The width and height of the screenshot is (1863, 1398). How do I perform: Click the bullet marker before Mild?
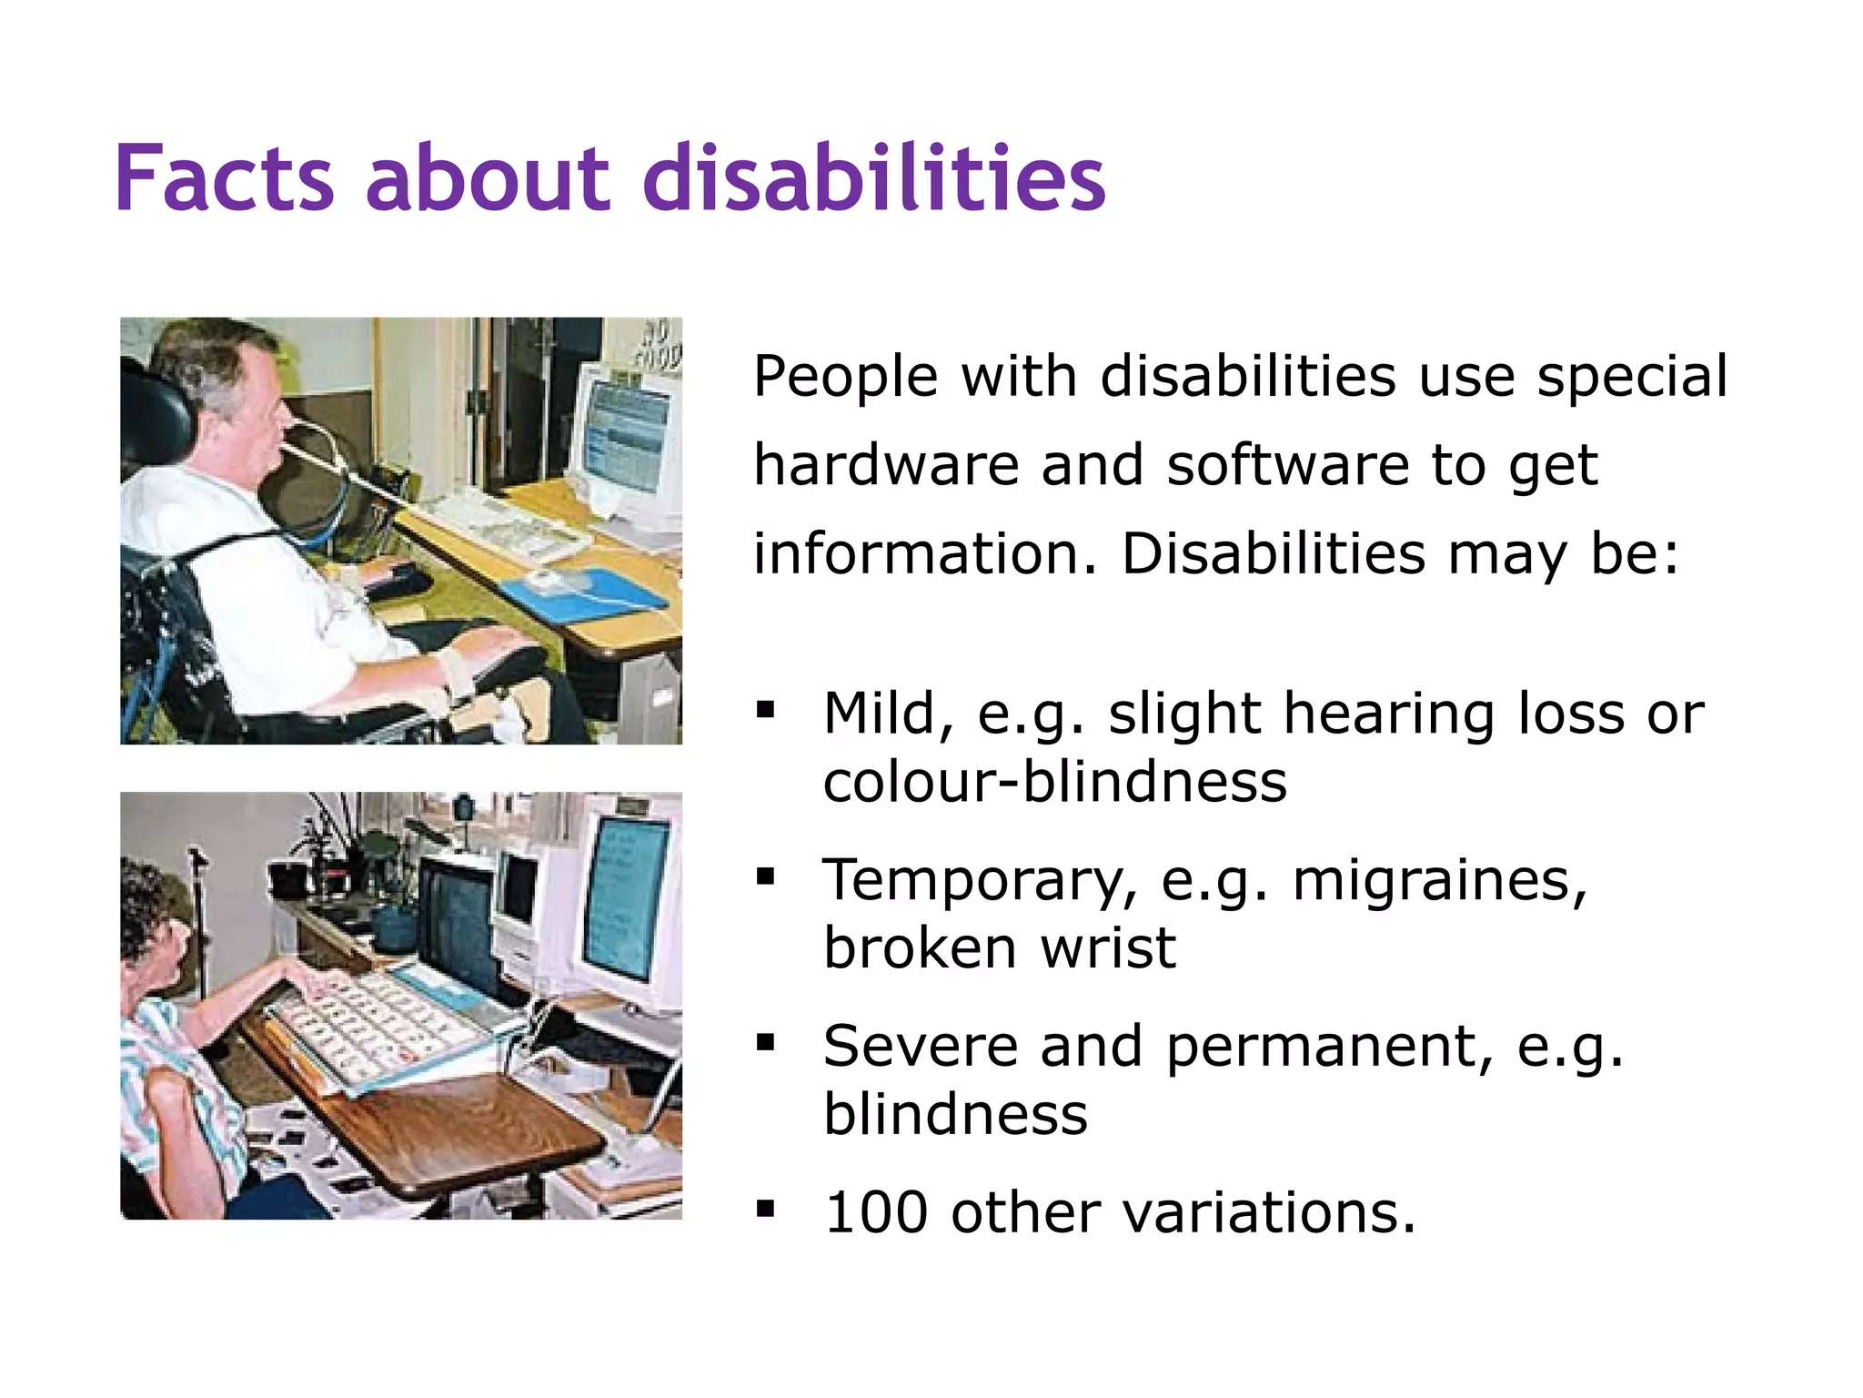click(765, 710)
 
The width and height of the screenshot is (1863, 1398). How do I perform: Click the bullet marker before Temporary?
click(765, 877)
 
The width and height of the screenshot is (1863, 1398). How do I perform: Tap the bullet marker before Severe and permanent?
click(765, 1043)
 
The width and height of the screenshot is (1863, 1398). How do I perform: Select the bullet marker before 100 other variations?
click(765, 1211)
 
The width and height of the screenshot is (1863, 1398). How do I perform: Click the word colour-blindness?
click(1054, 781)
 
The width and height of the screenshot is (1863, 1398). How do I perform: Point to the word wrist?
click(1108, 947)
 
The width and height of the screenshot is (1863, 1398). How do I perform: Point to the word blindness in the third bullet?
click(955, 1114)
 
